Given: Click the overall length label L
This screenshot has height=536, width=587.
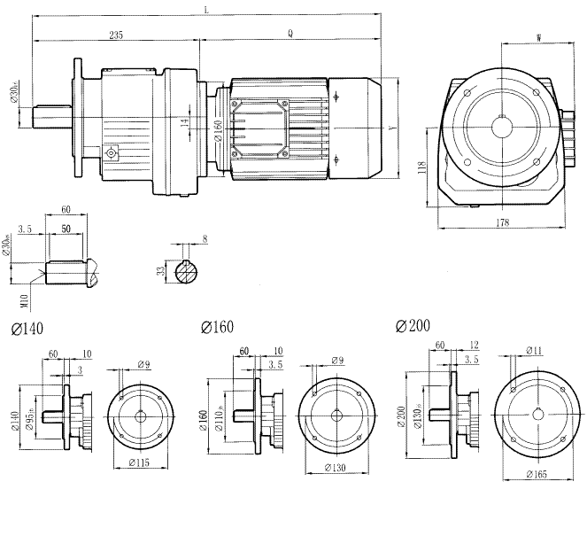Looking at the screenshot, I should point(205,10).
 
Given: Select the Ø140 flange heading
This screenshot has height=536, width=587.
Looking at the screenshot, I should point(28,329).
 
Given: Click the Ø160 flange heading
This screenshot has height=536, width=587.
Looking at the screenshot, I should point(218,328).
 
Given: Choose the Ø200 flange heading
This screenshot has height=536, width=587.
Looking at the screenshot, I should point(413,326).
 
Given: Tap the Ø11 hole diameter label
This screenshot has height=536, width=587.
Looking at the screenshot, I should point(534,351).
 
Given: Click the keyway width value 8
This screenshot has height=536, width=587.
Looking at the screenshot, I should point(205,239).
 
